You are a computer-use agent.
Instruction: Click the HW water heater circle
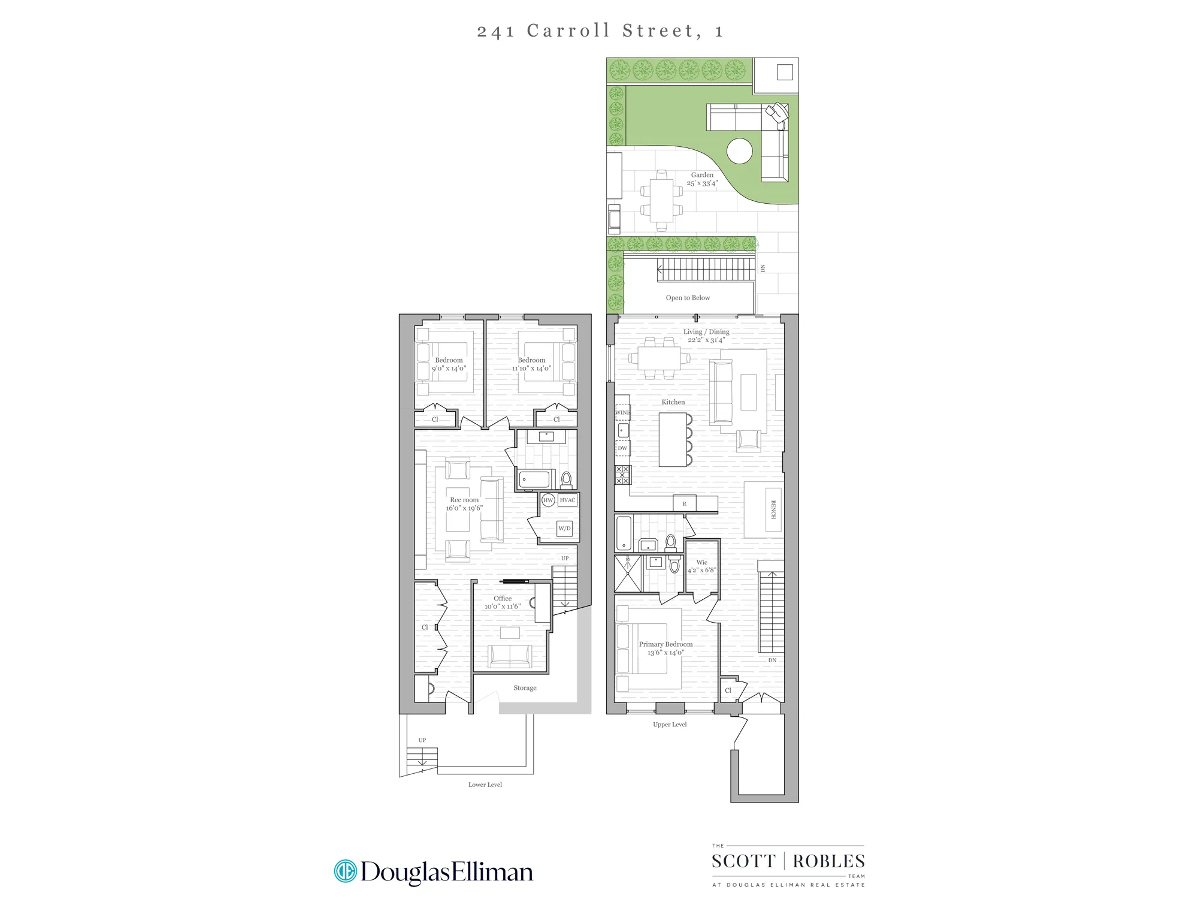coord(548,500)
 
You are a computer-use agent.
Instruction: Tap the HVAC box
coord(567,500)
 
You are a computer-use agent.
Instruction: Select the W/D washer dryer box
coord(564,528)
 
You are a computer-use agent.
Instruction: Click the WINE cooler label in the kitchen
coord(623,412)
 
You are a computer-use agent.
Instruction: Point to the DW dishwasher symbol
coord(623,448)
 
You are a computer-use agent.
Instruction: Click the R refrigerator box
coord(685,503)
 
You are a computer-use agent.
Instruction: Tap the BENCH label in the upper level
coord(773,509)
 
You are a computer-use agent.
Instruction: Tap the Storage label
coord(525,687)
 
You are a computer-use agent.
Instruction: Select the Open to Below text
coord(688,297)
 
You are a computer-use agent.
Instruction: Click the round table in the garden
coord(739,151)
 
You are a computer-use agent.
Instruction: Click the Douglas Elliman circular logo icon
coord(346,871)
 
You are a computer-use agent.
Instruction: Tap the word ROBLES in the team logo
coord(828,861)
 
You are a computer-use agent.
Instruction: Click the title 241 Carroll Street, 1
coord(600,31)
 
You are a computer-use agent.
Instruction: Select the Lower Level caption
coord(485,785)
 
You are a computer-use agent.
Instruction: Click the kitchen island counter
coord(673,439)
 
